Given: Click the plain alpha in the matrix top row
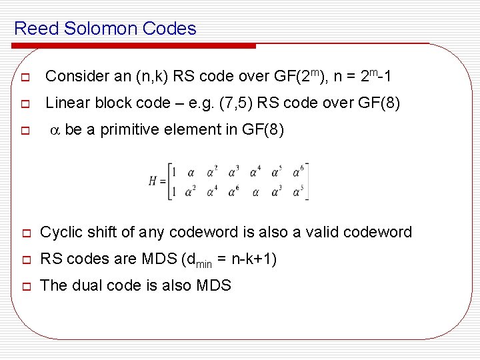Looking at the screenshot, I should click(x=191, y=173).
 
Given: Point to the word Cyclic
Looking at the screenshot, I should click(x=62, y=233).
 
